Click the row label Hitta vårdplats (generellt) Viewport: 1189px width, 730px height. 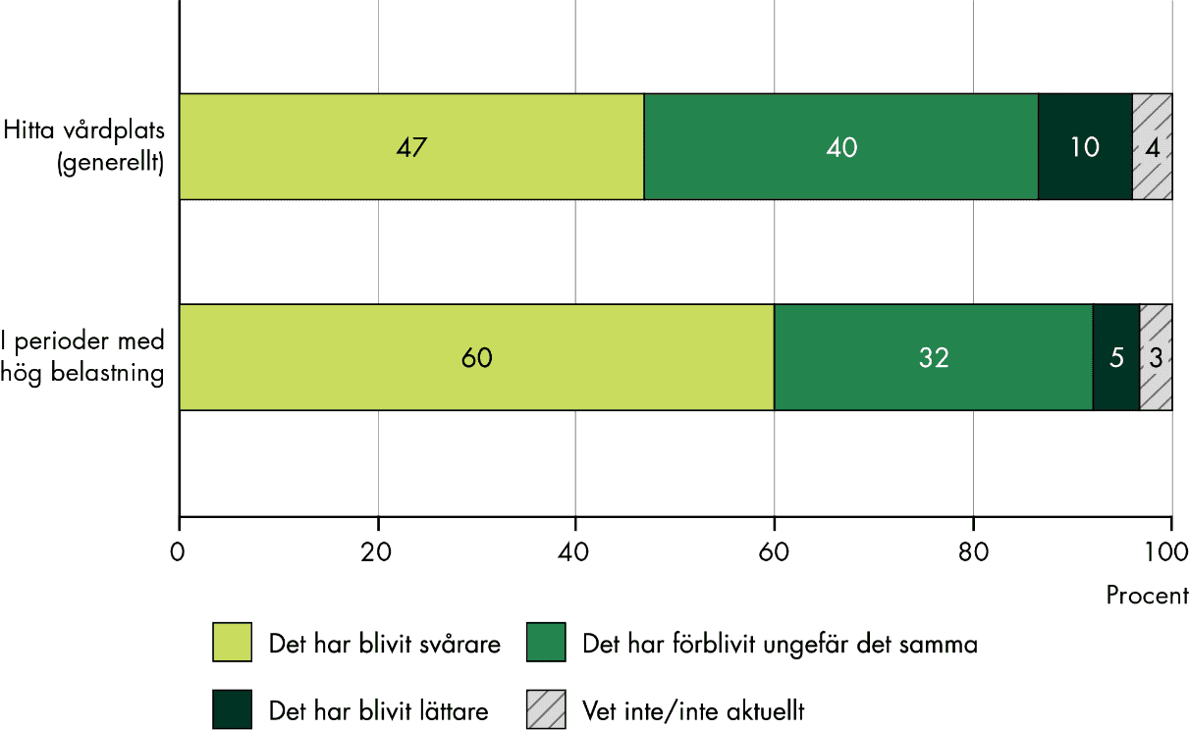[x=84, y=147]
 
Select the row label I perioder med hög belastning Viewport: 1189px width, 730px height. [x=84, y=357]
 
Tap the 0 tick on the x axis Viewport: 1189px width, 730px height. [x=179, y=551]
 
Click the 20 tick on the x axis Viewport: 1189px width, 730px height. [x=378, y=551]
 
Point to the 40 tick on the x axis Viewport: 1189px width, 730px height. [x=575, y=551]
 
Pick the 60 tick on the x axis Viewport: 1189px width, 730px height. [x=774, y=551]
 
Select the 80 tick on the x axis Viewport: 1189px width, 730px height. [x=972, y=551]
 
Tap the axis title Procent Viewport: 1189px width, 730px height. [x=1147, y=596]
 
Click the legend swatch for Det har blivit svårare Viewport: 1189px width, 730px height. [x=232, y=644]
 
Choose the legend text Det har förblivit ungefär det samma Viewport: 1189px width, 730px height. [x=780, y=645]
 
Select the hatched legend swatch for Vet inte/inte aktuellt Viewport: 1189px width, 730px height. [x=546, y=708]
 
